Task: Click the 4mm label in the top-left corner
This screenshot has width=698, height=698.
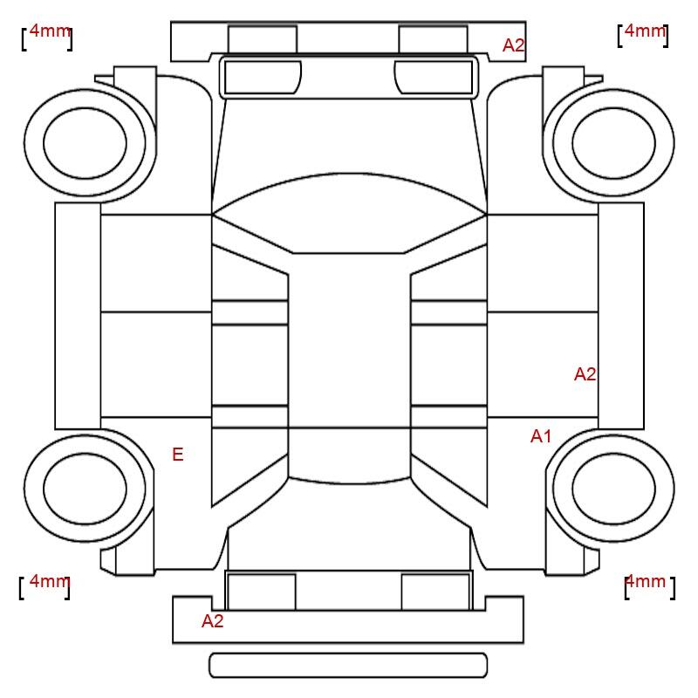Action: click(50, 31)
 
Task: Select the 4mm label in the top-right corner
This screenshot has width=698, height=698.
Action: click(645, 31)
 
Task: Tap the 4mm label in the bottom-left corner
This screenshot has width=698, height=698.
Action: click(50, 581)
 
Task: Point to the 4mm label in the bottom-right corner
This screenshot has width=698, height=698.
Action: click(646, 581)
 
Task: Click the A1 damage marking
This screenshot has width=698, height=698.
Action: click(541, 436)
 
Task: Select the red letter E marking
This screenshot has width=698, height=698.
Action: click(178, 455)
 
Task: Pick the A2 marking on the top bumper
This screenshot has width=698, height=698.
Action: click(514, 45)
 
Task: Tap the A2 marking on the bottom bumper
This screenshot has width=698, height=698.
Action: click(212, 621)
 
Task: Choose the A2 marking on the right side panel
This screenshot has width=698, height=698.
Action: click(585, 374)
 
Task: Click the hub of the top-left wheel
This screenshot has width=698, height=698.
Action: click(85, 143)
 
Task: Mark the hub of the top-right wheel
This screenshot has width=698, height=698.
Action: click(614, 143)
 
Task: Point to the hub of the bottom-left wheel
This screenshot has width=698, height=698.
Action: click(85, 489)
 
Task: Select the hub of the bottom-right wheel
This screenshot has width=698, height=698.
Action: click(614, 489)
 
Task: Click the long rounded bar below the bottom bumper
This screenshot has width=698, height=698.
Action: click(348, 665)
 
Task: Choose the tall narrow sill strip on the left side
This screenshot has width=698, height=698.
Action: click(78, 316)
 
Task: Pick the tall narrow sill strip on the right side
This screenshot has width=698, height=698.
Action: click(621, 316)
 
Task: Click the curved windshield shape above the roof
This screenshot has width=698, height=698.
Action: click(349, 213)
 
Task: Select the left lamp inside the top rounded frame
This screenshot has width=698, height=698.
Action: click(263, 78)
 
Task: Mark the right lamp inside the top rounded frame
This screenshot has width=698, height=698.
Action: click(434, 78)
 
